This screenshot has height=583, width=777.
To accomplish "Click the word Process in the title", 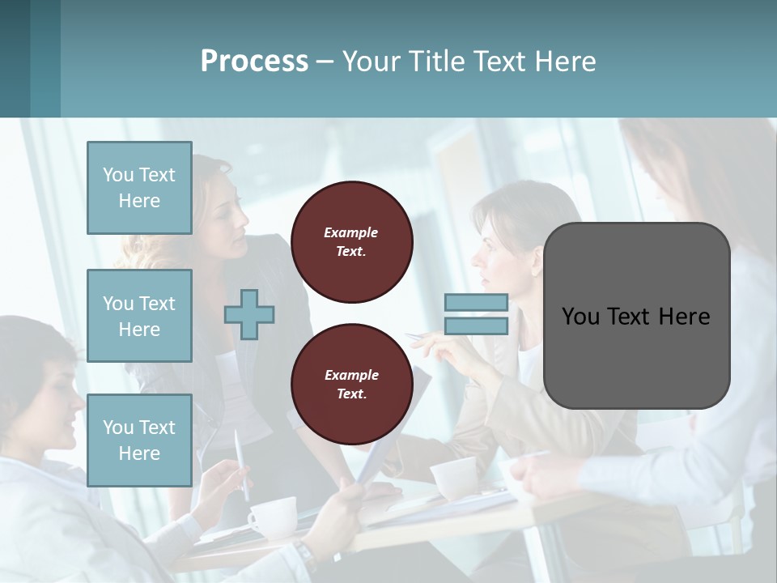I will pos(254,62).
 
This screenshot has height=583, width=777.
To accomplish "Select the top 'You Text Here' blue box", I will pos(139,188).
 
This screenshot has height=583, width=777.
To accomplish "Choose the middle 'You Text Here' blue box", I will pos(139,316).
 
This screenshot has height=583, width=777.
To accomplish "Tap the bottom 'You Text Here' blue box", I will pos(139,440).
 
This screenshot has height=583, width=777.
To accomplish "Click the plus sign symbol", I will pos(249,314).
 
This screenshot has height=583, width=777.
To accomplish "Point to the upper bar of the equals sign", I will pos(476,302).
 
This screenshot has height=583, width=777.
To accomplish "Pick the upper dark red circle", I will pos(351,242).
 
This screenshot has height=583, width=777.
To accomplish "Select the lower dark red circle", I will pos(351,385).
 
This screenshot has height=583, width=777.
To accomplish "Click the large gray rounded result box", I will pos(636,316).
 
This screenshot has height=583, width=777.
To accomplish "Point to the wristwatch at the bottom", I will pos(304,555).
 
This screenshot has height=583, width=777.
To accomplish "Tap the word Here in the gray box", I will pos(685,317).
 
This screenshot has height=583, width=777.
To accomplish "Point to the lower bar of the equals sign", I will pos(476,326).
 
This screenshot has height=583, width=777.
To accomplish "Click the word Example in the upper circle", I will pos(351,232).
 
